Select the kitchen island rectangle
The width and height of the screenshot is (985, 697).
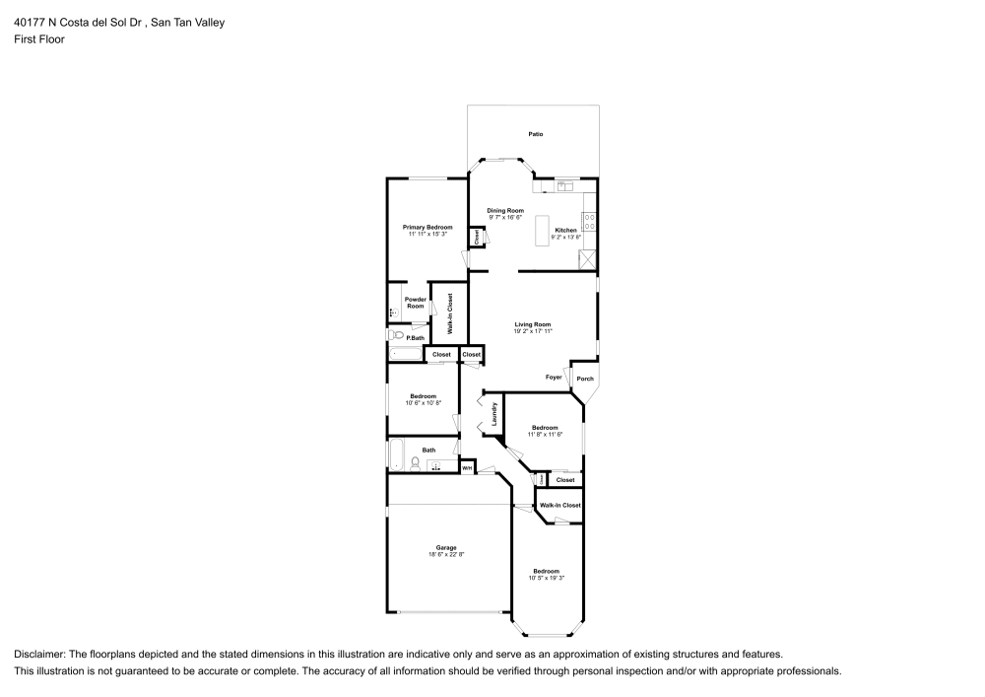click(541, 231)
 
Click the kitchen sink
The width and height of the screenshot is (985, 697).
click(565, 184)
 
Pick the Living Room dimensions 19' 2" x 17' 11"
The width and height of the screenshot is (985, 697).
click(533, 331)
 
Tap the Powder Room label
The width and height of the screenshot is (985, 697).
click(416, 303)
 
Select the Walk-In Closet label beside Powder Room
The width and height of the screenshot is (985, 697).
click(450, 313)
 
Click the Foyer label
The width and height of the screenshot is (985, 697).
click(555, 377)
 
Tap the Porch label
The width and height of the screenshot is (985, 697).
click(585, 379)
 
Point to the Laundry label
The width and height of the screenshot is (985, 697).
click(493, 413)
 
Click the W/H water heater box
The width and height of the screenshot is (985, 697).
click(468, 467)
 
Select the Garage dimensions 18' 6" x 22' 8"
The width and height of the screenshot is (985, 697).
click(446, 555)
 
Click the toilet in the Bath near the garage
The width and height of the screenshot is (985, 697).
click(416, 463)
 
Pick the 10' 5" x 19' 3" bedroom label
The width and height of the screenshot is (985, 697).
click(546, 575)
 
